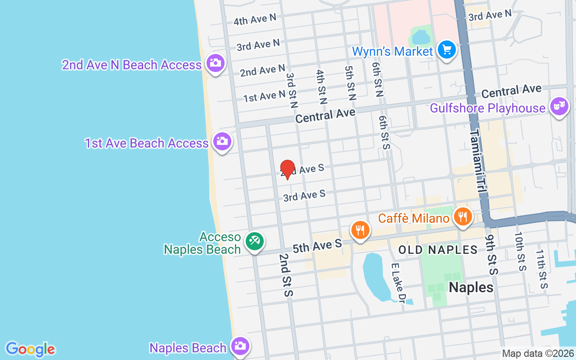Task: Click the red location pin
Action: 287,169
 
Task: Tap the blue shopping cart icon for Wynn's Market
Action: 446,49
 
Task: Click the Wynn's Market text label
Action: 392,51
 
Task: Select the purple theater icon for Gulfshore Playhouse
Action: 559,106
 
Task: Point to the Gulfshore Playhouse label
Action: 487,108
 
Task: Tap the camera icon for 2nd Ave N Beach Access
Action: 216,63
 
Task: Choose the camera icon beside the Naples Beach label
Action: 240,346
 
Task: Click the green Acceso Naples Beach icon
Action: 254,241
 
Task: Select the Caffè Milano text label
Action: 414,218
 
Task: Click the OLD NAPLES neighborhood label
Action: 438,250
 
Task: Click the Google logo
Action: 30,349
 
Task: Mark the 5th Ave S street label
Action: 317,246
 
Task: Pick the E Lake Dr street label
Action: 398,283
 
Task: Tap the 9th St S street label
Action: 492,254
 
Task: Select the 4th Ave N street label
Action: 255,20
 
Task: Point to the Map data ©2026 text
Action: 538,353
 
